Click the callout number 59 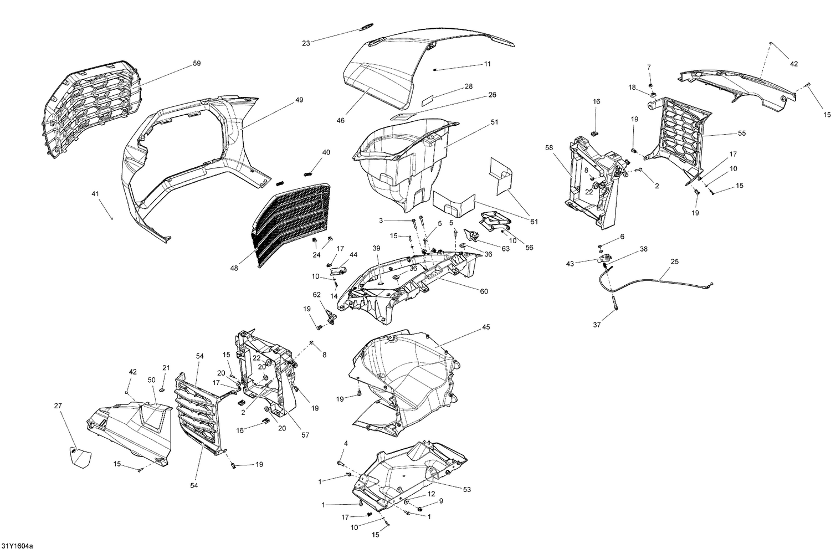(x=197, y=64)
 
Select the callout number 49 (x=299, y=100)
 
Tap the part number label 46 (x=340, y=120)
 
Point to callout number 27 (x=58, y=406)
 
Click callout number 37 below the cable (x=597, y=325)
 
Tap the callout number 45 (x=486, y=327)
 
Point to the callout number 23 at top (x=306, y=43)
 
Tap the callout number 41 (x=95, y=194)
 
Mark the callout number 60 (x=484, y=291)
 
